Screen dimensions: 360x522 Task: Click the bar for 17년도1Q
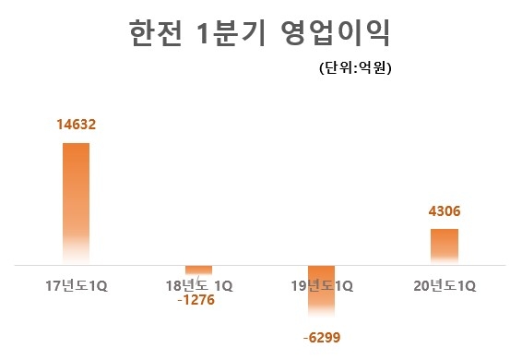click(76, 203)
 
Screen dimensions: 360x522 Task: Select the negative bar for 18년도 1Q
click(199, 270)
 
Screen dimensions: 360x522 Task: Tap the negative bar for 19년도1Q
click(321, 295)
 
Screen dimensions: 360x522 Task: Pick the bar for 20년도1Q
click(444, 246)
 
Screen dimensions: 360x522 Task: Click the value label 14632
click(76, 124)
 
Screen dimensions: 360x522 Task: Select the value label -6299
click(321, 338)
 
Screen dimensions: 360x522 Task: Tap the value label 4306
click(444, 211)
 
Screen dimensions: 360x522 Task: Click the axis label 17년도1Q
click(77, 284)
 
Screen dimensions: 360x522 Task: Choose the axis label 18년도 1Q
click(200, 285)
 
